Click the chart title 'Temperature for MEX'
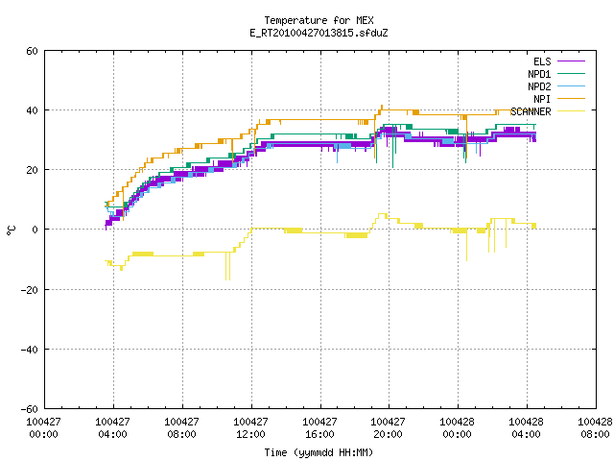319,20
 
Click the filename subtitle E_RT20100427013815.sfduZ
319,33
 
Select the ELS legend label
542,61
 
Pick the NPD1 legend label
539,74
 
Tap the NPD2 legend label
539,86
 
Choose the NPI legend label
542,99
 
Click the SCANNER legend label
531,111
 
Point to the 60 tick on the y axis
32,51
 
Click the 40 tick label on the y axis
32,110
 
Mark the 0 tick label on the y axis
35,230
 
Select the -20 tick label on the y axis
30,290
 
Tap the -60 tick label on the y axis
30,409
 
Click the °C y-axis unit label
11,230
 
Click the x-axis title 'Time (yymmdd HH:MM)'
319,452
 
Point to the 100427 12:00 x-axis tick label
250,428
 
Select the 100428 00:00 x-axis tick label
457,428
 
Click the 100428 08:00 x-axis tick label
595,428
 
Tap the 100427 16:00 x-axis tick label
319,428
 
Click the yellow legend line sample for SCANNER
571,111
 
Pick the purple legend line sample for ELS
571,61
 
